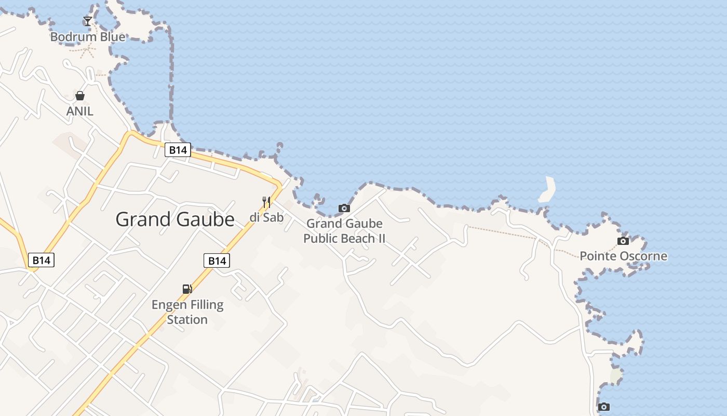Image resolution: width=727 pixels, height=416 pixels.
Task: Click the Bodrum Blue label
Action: [87, 37]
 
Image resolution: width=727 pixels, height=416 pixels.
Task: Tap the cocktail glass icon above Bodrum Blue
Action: [88, 21]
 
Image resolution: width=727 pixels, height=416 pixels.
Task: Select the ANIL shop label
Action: [80, 111]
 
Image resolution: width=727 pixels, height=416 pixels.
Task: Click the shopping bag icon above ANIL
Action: [80, 96]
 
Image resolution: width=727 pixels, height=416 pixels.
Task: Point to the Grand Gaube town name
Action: [175, 219]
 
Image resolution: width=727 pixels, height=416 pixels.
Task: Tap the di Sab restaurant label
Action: [266, 217]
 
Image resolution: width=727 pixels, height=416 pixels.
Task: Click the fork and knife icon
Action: [266, 202]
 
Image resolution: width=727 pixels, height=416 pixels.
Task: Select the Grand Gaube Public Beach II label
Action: [344, 231]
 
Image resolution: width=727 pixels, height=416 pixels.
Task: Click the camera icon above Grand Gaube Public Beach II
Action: [344, 208]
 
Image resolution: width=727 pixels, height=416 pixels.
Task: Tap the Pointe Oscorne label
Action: [623, 256]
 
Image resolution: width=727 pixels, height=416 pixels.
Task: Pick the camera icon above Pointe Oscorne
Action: [623, 241]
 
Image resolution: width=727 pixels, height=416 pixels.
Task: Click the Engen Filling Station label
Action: [187, 311]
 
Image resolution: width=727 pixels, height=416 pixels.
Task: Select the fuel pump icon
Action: [187, 289]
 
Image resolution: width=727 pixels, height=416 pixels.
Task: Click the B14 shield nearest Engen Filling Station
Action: [217, 261]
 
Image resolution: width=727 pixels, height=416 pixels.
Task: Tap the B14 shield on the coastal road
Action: [178, 150]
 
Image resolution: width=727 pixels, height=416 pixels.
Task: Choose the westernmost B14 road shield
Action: [41, 260]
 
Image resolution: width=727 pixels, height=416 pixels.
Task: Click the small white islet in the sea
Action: [547, 190]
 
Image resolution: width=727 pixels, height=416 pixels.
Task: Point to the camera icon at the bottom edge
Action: [603, 407]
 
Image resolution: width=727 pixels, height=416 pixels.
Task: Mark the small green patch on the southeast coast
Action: [616, 375]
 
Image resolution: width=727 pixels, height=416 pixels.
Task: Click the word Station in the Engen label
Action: [187, 319]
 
